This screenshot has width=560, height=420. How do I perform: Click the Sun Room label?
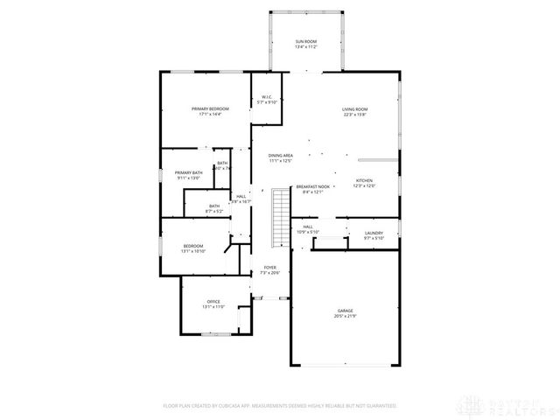point(305,41)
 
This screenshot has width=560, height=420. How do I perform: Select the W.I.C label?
point(266,97)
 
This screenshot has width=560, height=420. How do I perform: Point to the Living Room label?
point(354,108)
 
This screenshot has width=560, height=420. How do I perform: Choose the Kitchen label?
point(364,180)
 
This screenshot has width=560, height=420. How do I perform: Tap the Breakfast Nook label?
point(312,186)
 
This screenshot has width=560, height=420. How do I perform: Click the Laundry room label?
point(374,233)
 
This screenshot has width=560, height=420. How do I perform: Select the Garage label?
point(346,311)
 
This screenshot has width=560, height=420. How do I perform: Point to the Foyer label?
point(269,268)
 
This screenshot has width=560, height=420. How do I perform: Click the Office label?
point(214,302)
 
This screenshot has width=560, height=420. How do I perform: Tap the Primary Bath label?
point(188,172)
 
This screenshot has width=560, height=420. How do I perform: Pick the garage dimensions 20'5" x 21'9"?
point(346,316)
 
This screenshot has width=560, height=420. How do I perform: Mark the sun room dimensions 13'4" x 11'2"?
point(305,46)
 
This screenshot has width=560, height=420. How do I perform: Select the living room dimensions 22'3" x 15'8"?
point(354,114)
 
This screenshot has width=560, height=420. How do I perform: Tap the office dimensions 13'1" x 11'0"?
point(214,307)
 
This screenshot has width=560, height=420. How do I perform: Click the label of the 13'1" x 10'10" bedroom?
point(192,246)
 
